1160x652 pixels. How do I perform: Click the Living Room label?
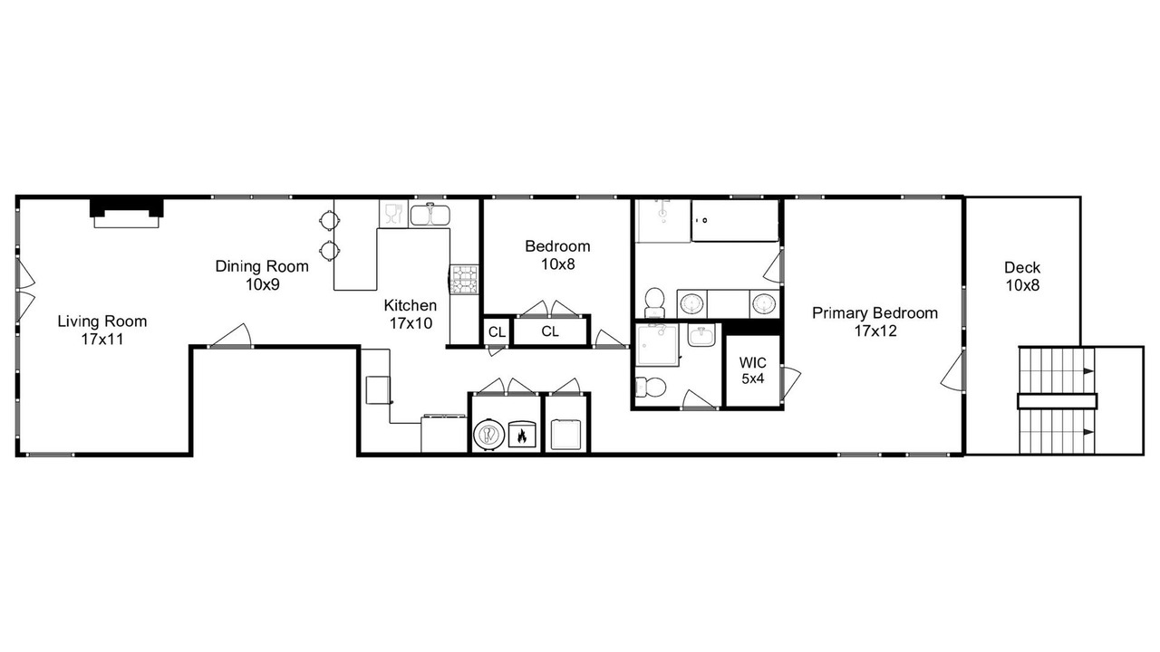pyautogui.click(x=102, y=331)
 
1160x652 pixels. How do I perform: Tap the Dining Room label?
pyautogui.click(x=262, y=274)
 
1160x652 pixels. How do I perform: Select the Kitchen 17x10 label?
pyautogui.click(x=411, y=314)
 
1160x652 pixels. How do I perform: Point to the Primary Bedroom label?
pyautogui.click(x=875, y=321)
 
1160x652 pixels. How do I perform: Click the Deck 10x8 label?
pyautogui.click(x=1022, y=276)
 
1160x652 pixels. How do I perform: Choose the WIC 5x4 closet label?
pyautogui.click(x=752, y=370)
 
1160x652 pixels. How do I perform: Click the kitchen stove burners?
pyautogui.click(x=464, y=280)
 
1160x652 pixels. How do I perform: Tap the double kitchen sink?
pyautogui.click(x=430, y=215)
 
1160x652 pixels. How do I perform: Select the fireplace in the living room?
pyautogui.click(x=126, y=213)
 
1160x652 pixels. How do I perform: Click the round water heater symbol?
pyautogui.click(x=488, y=433)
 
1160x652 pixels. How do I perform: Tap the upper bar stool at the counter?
pyautogui.click(x=329, y=220)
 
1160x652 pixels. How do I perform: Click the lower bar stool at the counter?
pyautogui.click(x=329, y=252)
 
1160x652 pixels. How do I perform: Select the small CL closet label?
pyautogui.click(x=498, y=332)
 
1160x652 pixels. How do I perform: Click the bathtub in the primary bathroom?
pyautogui.click(x=735, y=221)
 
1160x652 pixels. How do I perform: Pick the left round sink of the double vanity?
pyautogui.click(x=691, y=303)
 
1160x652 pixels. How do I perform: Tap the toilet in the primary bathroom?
pyautogui.click(x=654, y=302)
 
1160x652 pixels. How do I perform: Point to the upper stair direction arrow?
pyautogui.click(x=1088, y=371)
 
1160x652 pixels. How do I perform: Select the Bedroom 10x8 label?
pyautogui.click(x=557, y=255)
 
